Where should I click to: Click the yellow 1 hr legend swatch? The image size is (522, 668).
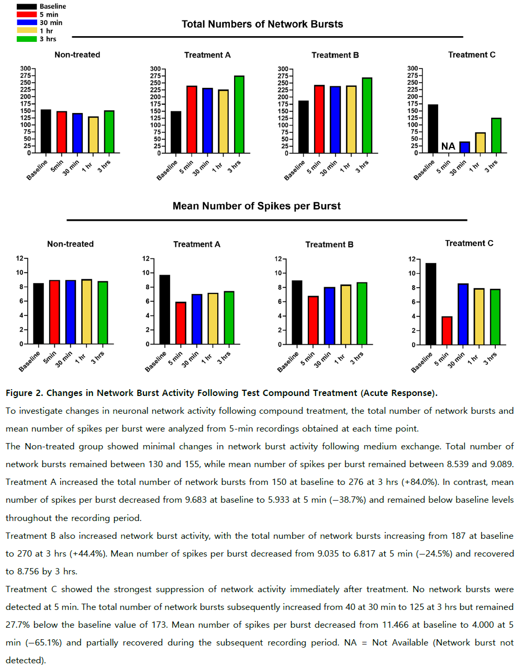click(27, 30)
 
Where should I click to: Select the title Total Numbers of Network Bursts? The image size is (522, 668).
click(262, 24)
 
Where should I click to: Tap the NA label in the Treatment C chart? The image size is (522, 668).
click(448, 146)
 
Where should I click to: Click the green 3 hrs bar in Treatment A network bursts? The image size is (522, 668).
click(239, 115)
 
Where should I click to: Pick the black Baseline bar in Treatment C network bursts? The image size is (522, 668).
click(433, 129)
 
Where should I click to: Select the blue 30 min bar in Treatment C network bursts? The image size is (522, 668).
click(464, 147)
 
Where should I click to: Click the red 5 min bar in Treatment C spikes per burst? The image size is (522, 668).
click(447, 331)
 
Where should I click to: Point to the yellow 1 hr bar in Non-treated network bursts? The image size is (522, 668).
click(94, 134)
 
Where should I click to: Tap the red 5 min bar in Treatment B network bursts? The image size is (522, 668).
click(319, 119)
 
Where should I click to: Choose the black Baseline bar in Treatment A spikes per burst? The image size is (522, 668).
click(164, 309)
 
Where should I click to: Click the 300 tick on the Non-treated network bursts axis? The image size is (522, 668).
click(26, 68)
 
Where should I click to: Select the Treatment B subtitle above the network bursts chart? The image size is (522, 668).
click(335, 55)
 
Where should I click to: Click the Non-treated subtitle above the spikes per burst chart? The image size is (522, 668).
click(70, 244)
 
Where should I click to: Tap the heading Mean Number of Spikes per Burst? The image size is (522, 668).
click(257, 206)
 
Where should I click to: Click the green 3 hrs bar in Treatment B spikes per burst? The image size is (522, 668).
click(362, 313)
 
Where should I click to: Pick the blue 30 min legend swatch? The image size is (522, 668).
click(27, 22)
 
